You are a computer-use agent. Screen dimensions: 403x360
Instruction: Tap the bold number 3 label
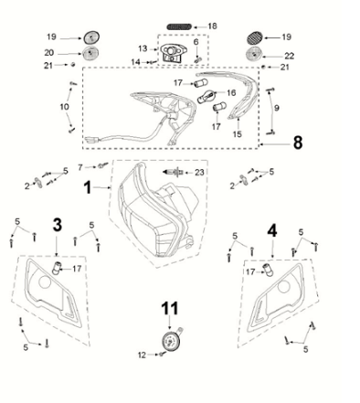[x=57, y=224]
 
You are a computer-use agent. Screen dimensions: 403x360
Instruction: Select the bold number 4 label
[x=270, y=230]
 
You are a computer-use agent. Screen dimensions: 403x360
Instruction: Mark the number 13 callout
[x=143, y=48]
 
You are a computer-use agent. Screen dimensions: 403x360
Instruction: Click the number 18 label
[x=213, y=25]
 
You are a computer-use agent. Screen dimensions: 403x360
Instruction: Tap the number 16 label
[x=230, y=93]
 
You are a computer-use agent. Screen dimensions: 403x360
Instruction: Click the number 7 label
[x=80, y=166]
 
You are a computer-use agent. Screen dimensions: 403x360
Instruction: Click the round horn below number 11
[x=168, y=341]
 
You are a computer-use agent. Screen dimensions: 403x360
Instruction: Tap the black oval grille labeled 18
[x=184, y=25]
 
